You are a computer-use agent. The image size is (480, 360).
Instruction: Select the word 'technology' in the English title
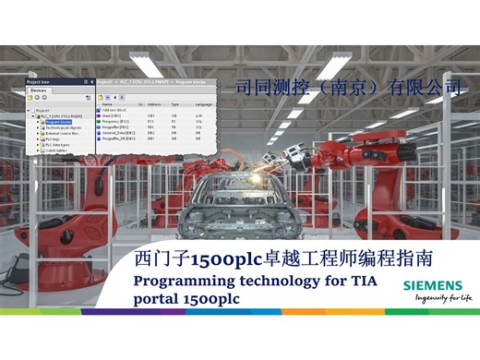coord(273,279)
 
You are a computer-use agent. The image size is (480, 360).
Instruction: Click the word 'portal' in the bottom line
coord(158,299)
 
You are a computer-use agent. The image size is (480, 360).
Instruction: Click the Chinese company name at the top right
coord(348,89)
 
